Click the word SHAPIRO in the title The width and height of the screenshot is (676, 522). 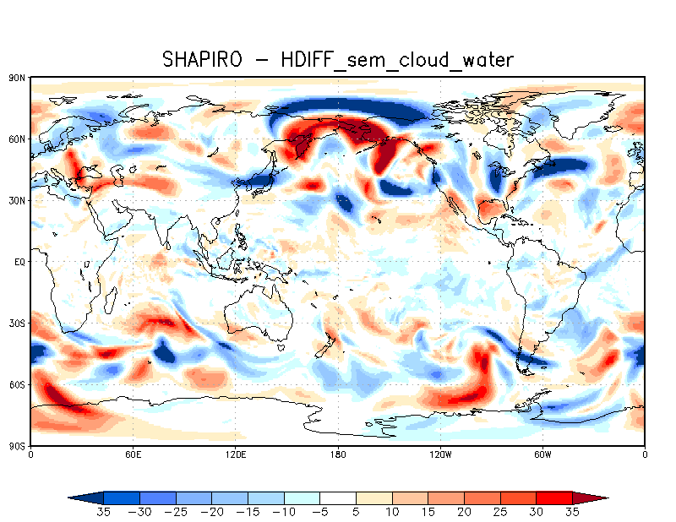[203, 59]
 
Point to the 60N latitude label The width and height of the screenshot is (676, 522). [18, 139]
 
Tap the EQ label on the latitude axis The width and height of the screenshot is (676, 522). [19, 262]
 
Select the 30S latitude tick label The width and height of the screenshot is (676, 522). [18, 323]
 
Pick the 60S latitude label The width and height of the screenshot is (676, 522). [18, 384]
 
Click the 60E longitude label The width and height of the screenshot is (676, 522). [133, 454]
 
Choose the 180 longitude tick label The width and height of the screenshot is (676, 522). [338, 454]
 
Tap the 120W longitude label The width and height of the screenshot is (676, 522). [439, 454]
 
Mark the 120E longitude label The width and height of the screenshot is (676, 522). [235, 454]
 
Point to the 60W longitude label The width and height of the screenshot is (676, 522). [542, 454]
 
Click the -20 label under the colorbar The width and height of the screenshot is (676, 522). [212, 512]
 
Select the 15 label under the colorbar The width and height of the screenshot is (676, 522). [428, 512]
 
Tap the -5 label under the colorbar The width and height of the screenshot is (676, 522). [320, 512]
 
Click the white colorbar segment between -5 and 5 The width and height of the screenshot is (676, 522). [338, 498]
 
